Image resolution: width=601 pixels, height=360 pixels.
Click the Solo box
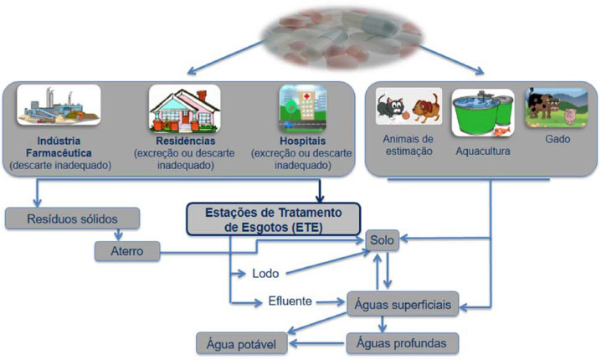point(383,240)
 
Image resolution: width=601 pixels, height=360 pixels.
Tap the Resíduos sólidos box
point(71,219)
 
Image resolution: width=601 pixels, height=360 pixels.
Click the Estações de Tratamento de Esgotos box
point(273,219)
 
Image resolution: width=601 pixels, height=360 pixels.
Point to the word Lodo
point(265,273)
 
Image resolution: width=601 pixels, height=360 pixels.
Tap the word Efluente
point(290,301)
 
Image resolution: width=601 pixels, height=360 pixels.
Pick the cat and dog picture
point(408,110)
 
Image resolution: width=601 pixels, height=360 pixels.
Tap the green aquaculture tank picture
point(483,112)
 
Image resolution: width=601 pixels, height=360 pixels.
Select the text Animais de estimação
point(408,146)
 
